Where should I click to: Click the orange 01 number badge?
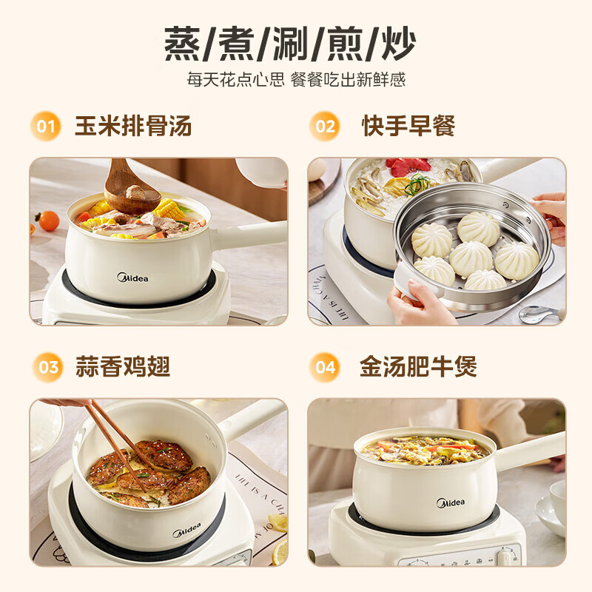pyautogui.click(x=46, y=126)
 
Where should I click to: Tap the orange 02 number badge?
pyautogui.click(x=325, y=126)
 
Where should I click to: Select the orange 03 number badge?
pyautogui.click(x=48, y=367)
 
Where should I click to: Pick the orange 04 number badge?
pyautogui.click(x=325, y=367)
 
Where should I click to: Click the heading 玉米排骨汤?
pyautogui.click(x=133, y=126)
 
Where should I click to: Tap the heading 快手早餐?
pyautogui.click(x=408, y=126)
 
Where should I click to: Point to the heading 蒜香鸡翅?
pyautogui.click(x=123, y=366)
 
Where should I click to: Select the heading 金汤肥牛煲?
pyautogui.click(x=418, y=366)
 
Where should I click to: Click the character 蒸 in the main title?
pyautogui.click(x=182, y=44)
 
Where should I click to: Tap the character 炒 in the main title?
pyautogui.click(x=398, y=44)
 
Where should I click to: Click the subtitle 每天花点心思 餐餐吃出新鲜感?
pyautogui.click(x=296, y=80)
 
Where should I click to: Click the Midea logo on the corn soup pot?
pyautogui.click(x=132, y=278)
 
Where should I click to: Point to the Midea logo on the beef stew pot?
pyautogui.click(x=451, y=502)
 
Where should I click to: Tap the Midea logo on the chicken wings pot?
pyautogui.click(x=186, y=530)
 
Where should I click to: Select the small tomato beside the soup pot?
pyautogui.click(x=48, y=221)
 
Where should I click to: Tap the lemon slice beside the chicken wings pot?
pyautogui.click(x=279, y=553)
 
